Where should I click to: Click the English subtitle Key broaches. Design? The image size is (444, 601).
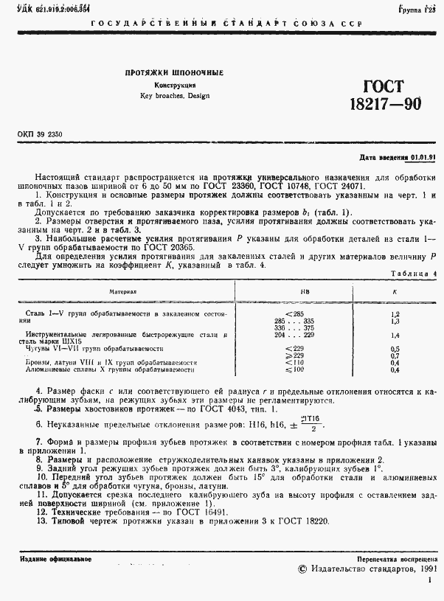(174, 96)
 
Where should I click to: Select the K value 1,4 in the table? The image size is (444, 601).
(395, 335)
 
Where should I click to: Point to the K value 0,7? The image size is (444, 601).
(395, 355)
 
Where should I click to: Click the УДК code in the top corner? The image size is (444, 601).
(44, 7)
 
